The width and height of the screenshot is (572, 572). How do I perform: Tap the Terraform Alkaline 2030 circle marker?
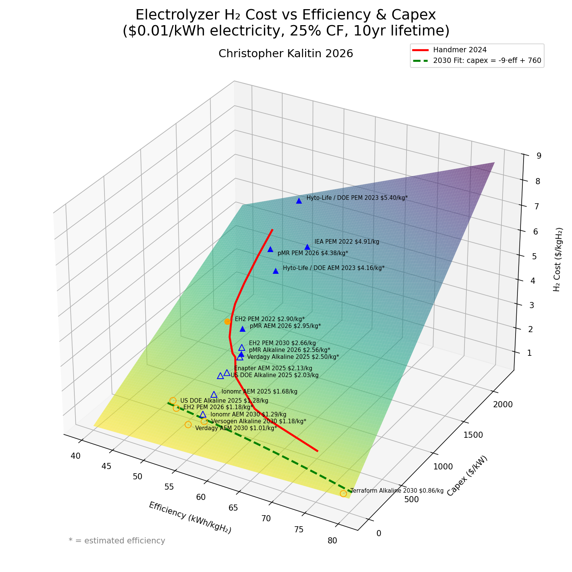pos(343,493)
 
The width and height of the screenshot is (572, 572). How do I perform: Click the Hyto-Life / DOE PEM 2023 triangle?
pos(299,201)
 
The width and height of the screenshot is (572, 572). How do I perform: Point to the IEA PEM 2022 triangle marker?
pos(307,247)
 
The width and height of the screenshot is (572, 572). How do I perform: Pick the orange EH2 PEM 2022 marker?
pos(228,321)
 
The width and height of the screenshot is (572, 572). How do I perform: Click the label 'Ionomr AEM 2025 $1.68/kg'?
pos(259,392)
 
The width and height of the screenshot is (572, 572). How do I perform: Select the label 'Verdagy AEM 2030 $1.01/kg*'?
pos(236,428)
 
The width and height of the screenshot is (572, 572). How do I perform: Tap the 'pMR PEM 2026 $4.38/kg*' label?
pos(313,253)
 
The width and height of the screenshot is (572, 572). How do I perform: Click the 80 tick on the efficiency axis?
pos(332,540)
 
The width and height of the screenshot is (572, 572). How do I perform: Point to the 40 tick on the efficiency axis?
pos(76,456)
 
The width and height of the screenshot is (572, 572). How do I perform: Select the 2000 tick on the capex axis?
pos(503,405)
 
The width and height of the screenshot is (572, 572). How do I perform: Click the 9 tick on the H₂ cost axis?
pos(539,156)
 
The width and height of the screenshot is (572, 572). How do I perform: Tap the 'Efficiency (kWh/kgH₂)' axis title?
pos(190,517)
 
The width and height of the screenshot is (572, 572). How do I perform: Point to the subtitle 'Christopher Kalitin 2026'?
pos(286,54)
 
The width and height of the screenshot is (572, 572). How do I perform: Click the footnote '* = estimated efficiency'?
pos(117,541)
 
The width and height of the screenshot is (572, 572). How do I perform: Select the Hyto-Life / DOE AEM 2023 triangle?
pos(276,271)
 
